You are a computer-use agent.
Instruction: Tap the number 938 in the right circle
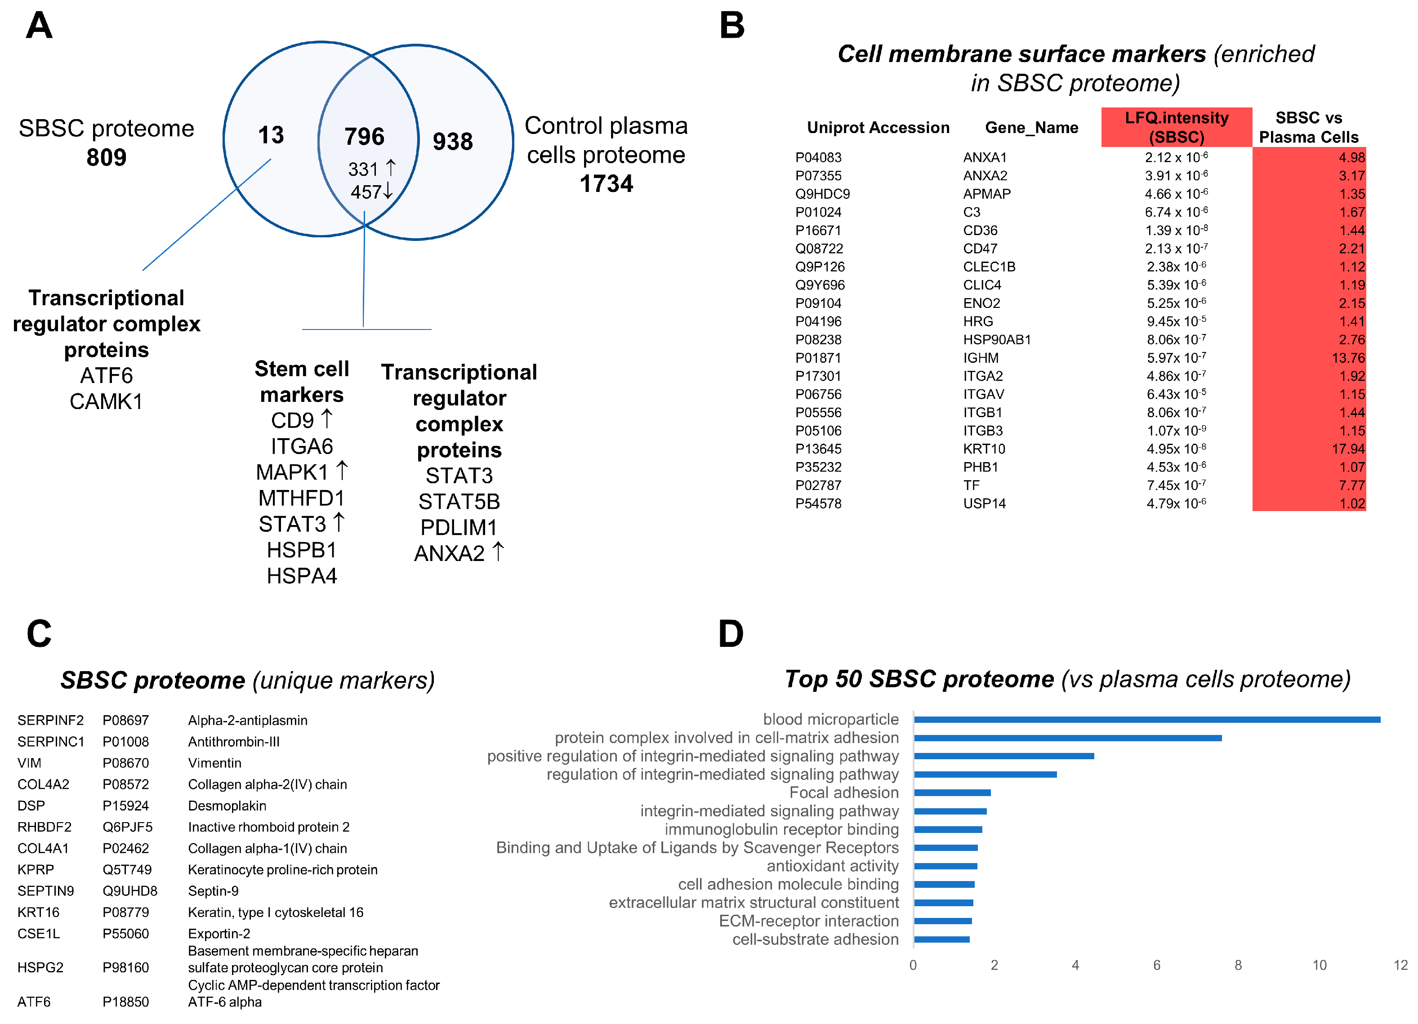(453, 141)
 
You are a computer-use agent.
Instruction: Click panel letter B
(731, 26)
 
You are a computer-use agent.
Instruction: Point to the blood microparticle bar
(1146, 720)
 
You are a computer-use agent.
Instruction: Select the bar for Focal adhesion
(952, 792)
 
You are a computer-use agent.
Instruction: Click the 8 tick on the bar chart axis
(1237, 965)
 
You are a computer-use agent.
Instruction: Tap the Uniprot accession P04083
(818, 157)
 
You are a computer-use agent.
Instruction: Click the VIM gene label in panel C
(29, 763)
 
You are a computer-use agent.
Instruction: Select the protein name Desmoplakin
(227, 806)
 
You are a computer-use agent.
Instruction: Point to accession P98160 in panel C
(126, 968)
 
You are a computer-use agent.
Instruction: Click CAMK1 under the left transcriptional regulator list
(106, 401)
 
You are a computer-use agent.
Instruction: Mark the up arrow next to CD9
(326, 419)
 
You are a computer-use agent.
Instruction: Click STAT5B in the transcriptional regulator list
(459, 501)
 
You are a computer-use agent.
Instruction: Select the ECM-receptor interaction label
(808, 921)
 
